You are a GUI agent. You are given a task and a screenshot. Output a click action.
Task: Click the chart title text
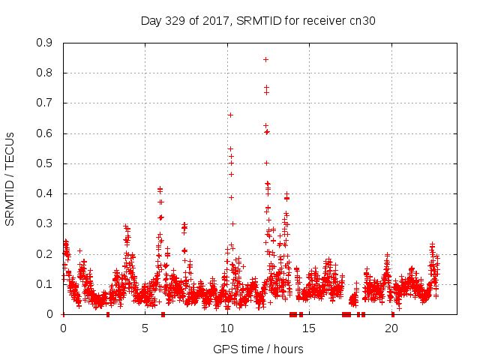tap(258, 21)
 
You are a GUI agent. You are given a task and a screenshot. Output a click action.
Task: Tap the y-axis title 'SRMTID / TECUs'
tap(10, 178)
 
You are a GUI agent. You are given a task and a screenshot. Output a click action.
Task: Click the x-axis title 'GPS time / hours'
tap(258, 349)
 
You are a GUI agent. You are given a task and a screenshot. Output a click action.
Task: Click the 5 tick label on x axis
tap(145, 328)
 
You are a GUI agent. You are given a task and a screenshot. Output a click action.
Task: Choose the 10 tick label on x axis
tap(227, 328)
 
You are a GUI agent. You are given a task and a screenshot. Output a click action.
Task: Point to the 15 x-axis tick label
tap(310, 328)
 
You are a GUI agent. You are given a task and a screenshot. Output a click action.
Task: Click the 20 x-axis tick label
tap(391, 328)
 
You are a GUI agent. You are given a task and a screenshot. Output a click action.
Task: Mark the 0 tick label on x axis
tap(63, 328)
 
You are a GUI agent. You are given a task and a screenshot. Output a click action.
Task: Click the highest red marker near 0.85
tap(265, 59)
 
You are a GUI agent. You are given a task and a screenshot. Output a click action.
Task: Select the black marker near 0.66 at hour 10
tap(230, 115)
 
